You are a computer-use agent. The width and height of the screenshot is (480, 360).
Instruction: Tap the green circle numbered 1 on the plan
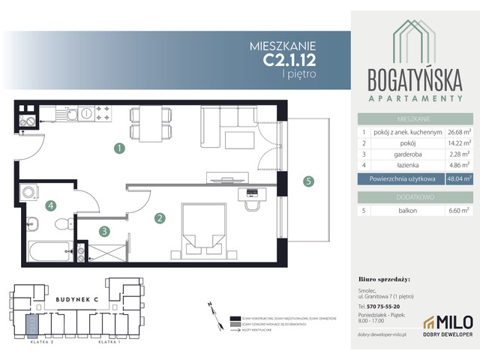[x=118, y=148]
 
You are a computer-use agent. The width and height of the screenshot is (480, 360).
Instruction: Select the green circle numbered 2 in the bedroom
[x=160, y=219]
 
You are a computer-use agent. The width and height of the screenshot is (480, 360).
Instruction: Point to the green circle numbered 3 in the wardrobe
[x=106, y=232]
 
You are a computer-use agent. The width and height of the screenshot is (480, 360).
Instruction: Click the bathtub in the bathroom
[x=48, y=248]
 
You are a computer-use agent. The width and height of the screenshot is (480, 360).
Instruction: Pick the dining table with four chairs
[x=144, y=123]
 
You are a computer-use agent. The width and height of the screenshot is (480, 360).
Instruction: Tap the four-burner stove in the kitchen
[x=103, y=115]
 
